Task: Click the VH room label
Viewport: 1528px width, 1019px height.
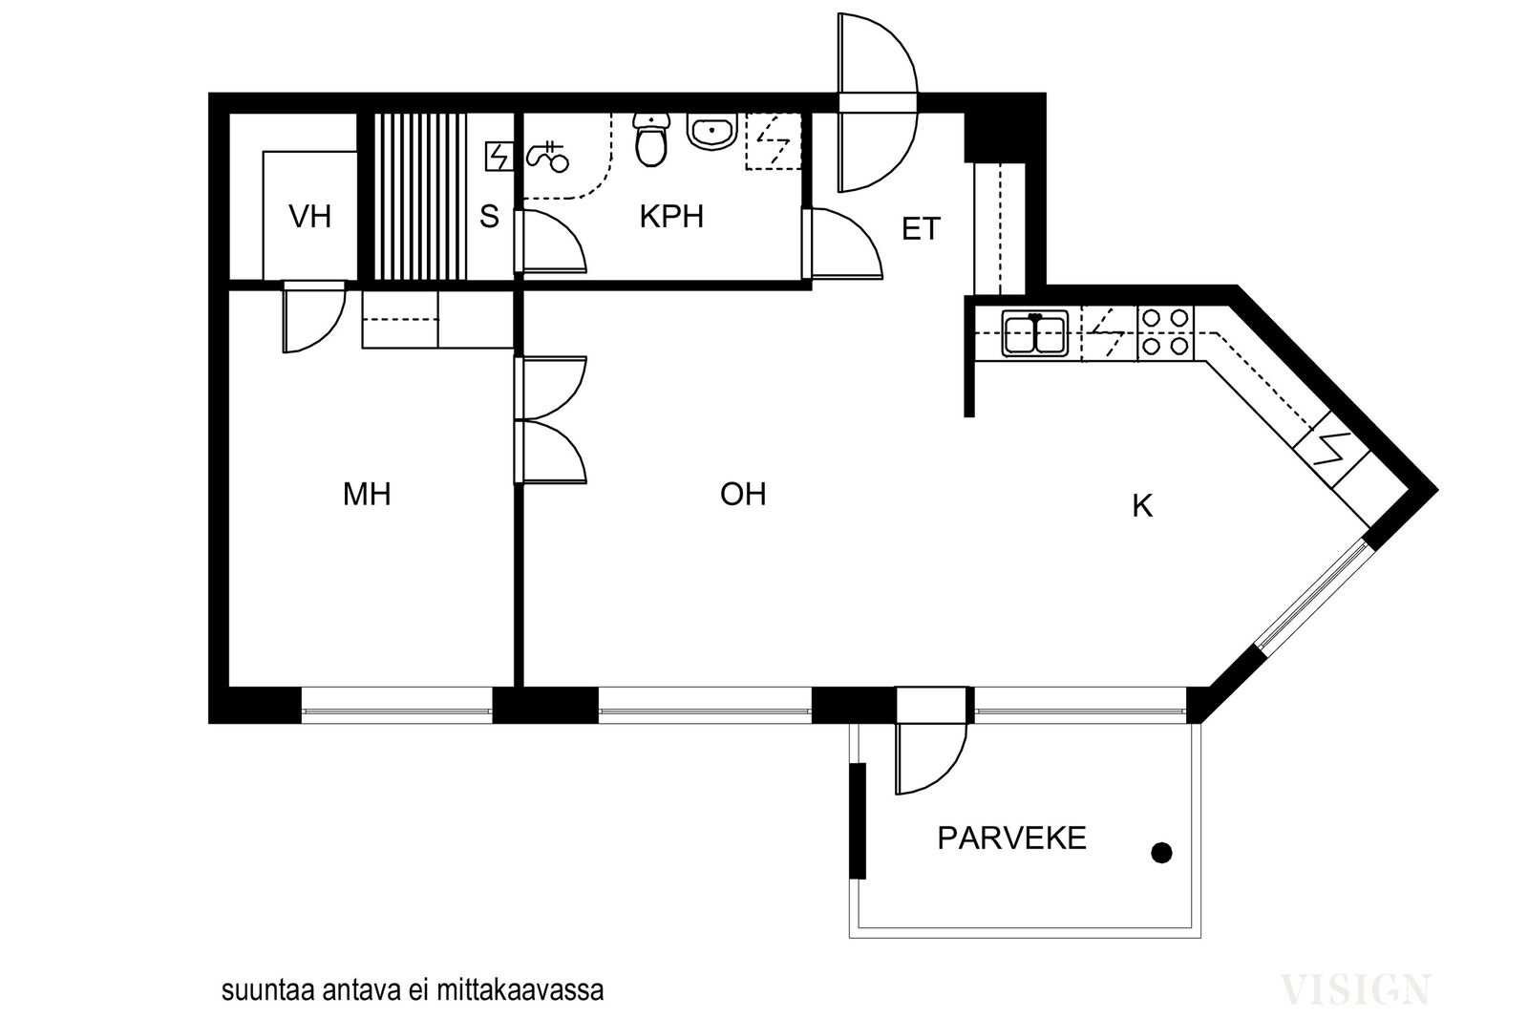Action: tap(309, 217)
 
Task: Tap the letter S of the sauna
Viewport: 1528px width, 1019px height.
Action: tap(489, 217)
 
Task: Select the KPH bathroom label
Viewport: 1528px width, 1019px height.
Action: tap(671, 216)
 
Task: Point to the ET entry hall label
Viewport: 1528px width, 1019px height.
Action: tap(921, 228)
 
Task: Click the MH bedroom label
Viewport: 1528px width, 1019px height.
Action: tap(367, 494)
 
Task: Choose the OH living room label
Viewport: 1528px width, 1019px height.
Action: tap(743, 494)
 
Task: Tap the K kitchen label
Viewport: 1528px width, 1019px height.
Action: tap(1142, 506)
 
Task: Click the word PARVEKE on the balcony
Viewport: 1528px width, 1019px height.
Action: tap(1011, 839)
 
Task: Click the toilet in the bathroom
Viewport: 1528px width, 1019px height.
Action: tap(651, 139)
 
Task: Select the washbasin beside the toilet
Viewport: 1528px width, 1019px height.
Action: tap(711, 130)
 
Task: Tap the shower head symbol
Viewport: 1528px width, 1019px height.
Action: tap(547, 157)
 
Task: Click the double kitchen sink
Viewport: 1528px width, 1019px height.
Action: tap(1035, 333)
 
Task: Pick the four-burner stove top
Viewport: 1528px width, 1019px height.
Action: tap(1165, 332)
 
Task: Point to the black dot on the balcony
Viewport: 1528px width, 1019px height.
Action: tap(1161, 853)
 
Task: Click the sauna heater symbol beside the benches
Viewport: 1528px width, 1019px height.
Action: tap(499, 157)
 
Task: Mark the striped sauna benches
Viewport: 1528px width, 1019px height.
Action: tap(420, 197)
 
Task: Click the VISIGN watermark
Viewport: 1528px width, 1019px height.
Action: tap(1355, 989)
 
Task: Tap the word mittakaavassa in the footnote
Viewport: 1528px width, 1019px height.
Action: tap(520, 990)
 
